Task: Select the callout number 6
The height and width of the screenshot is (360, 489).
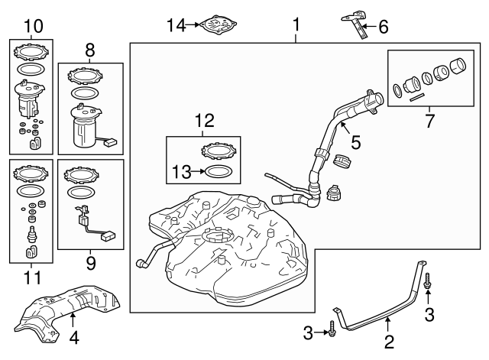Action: tap(384, 27)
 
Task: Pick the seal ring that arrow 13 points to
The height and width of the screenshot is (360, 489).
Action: tap(216, 171)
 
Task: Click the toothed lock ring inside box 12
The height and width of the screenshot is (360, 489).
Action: tap(216, 151)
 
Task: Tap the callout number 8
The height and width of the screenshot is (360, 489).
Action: tap(90, 50)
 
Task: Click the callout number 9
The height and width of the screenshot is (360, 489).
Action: tap(90, 261)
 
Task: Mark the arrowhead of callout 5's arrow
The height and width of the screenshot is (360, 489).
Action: tap(342, 122)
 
